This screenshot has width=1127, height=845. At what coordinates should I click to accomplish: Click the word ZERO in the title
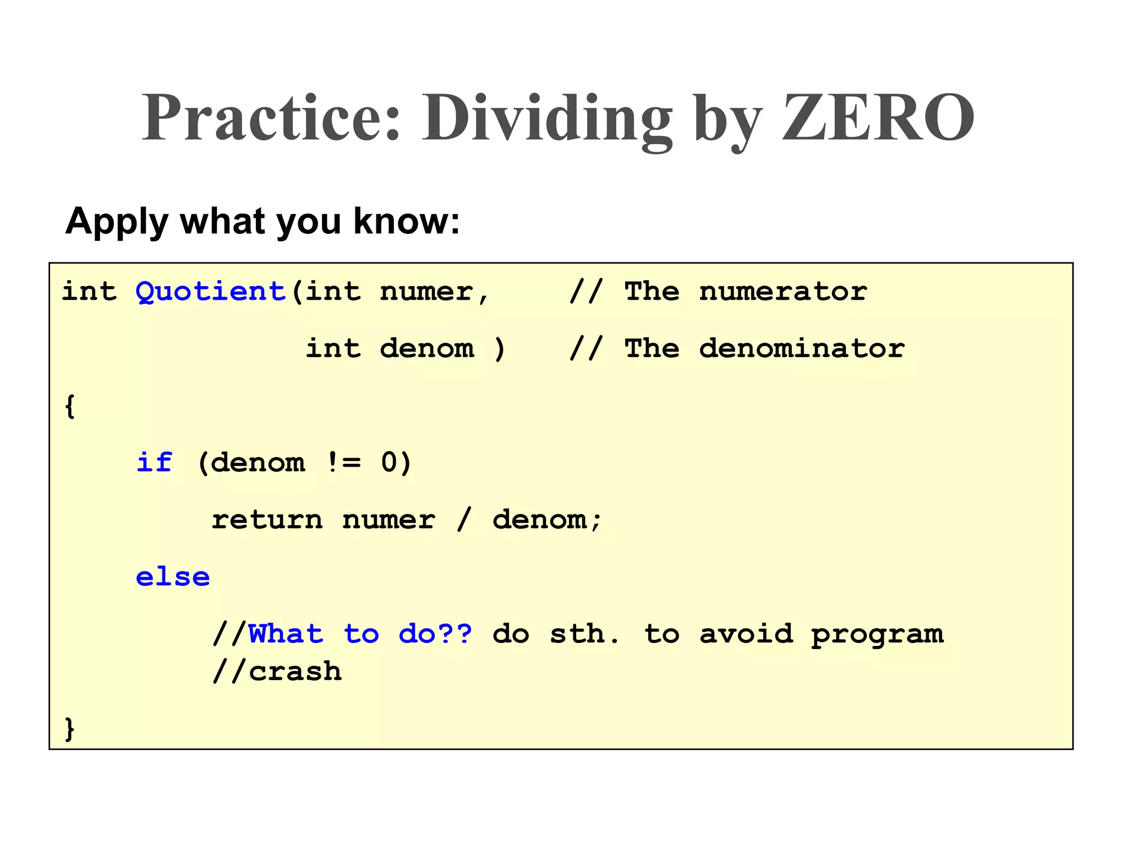(878, 118)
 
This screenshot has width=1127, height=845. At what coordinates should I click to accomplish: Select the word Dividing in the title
(547, 118)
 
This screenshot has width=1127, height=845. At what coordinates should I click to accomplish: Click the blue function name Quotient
(211, 291)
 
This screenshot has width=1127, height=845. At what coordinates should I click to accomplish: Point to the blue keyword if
(154, 462)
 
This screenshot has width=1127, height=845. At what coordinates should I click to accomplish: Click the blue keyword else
(173, 577)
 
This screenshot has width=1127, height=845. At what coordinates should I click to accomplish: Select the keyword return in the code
(267, 520)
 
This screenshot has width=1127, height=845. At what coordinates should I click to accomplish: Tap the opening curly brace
(69, 406)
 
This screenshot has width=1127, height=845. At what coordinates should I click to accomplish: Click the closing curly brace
(69, 729)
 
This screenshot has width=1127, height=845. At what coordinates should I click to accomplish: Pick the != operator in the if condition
(343, 462)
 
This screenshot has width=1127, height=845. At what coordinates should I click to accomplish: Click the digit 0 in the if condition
(389, 462)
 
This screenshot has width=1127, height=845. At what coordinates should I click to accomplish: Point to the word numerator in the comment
(783, 291)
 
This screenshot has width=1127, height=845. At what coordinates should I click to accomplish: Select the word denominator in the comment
(801, 348)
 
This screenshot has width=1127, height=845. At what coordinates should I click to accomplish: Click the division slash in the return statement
(464, 520)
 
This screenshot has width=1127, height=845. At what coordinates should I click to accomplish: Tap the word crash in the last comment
(295, 672)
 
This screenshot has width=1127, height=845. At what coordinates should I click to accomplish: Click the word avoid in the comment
(746, 634)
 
